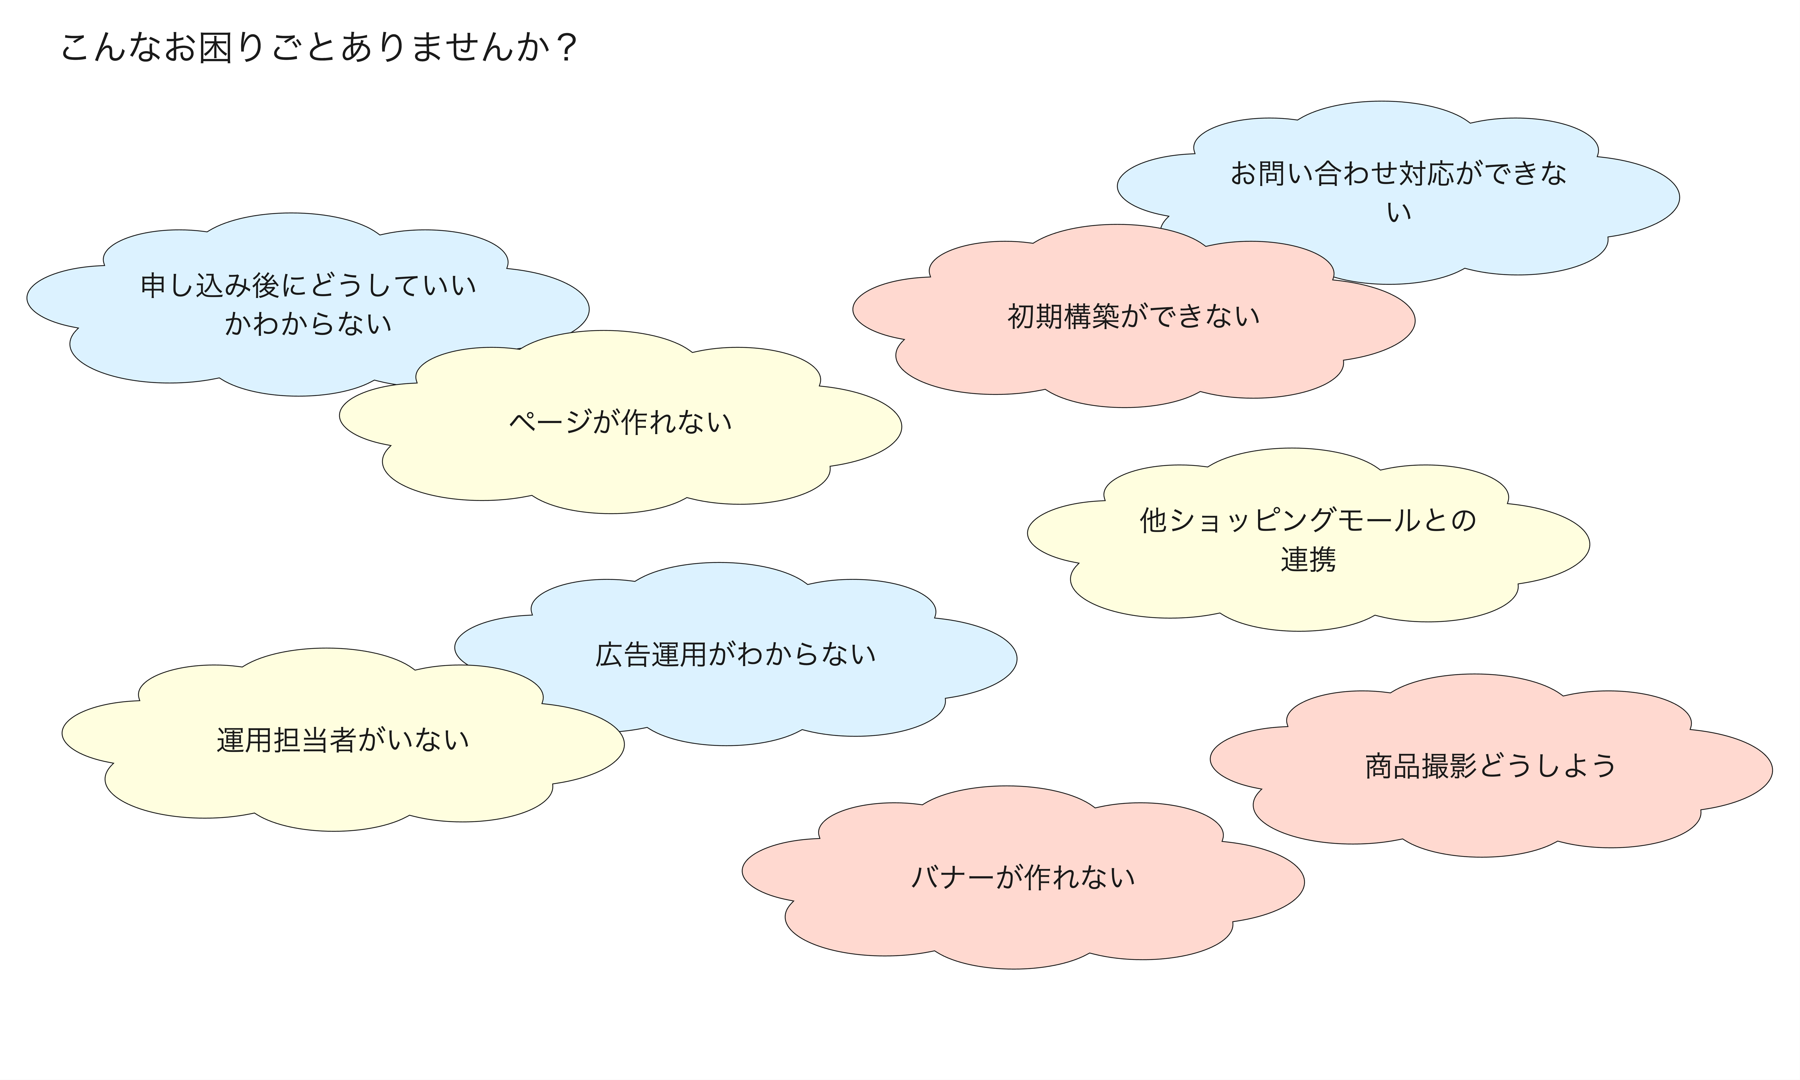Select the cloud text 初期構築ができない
point(1133,316)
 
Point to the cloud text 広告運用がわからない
point(735,654)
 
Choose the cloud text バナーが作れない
point(1023,877)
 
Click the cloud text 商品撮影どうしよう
point(1490,766)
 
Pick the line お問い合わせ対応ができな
point(1398,173)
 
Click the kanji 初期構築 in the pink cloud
point(1063,316)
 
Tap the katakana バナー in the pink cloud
point(953,877)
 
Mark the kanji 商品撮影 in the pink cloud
point(1420,766)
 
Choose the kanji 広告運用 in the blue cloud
point(651,654)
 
